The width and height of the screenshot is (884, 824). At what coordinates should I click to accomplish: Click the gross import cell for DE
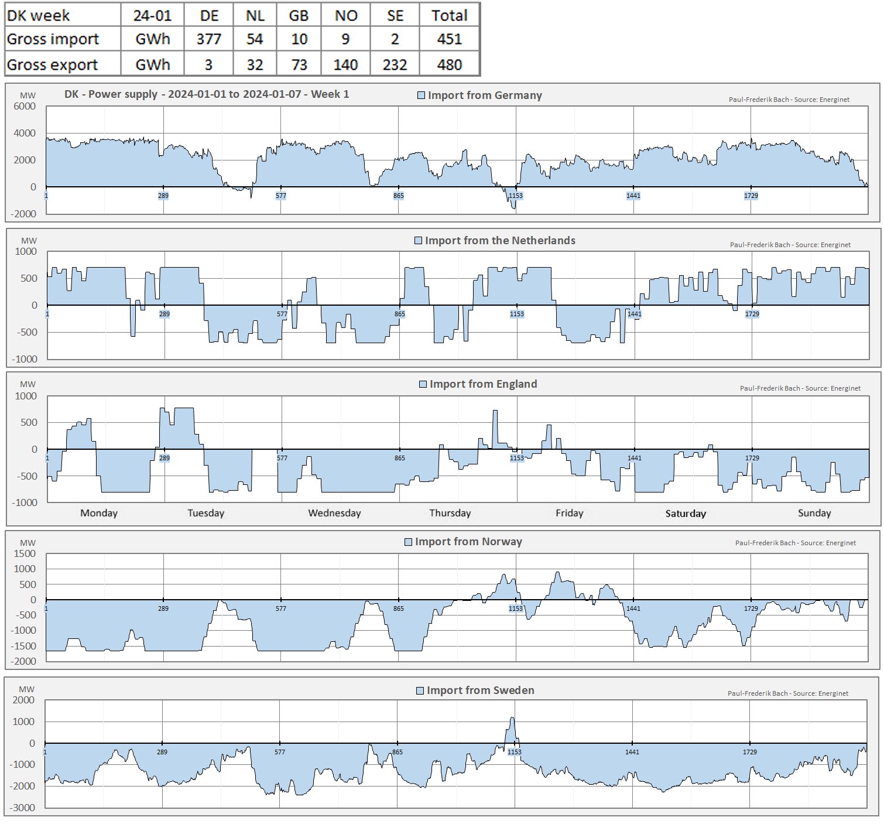[208, 39]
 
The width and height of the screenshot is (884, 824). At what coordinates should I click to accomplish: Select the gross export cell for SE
[395, 64]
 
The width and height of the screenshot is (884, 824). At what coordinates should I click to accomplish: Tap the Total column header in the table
[449, 15]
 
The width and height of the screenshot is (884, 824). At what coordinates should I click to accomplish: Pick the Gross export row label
[53, 64]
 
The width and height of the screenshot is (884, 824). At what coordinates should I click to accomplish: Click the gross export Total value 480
[449, 64]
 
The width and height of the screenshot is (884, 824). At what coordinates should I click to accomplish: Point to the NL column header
[255, 15]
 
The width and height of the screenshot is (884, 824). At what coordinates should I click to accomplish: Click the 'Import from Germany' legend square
[421, 95]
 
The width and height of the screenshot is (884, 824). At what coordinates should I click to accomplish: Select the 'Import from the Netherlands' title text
[500, 241]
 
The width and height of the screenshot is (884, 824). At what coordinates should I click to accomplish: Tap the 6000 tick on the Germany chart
[25, 107]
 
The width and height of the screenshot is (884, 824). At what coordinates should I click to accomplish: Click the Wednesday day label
[334, 513]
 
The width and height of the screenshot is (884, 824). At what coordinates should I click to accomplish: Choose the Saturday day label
[686, 514]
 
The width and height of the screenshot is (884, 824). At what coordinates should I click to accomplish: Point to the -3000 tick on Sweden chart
[23, 808]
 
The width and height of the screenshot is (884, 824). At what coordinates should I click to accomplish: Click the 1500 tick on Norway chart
[25, 553]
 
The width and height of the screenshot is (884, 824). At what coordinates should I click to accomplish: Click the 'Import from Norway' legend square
[409, 542]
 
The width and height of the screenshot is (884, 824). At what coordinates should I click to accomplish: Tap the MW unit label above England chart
[28, 384]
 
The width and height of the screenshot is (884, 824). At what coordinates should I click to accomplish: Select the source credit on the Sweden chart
[787, 693]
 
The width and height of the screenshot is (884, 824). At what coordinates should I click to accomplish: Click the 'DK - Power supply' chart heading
[207, 94]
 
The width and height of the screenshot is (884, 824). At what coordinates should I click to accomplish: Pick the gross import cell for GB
[299, 39]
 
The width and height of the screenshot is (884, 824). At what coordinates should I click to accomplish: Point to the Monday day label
[99, 513]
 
